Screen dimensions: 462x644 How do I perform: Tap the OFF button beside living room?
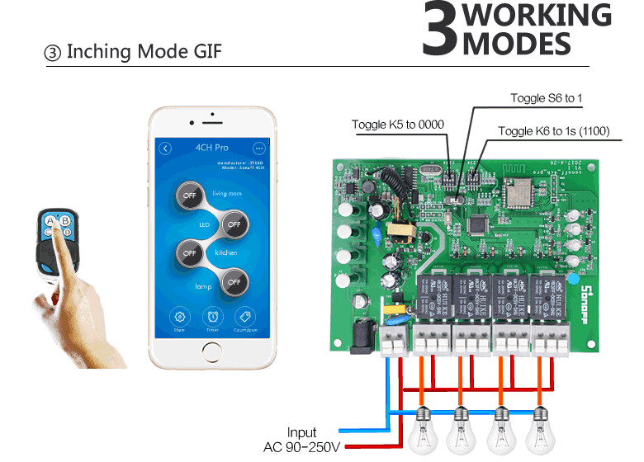(x=189, y=195)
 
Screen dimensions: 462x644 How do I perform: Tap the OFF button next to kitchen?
(x=189, y=252)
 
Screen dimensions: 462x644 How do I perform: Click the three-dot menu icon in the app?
(x=258, y=148)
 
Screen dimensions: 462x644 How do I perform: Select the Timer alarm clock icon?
(x=212, y=316)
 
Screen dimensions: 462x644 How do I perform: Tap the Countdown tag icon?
(x=245, y=316)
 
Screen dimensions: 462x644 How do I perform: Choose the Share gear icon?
(x=179, y=316)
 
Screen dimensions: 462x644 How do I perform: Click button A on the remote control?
(x=50, y=221)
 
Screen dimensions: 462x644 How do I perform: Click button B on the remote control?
(x=64, y=221)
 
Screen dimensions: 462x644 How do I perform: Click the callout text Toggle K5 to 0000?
(x=397, y=125)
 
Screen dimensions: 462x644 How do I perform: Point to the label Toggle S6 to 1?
(x=546, y=98)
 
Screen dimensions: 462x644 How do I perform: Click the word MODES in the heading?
(x=517, y=44)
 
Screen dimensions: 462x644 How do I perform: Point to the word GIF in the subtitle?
(x=201, y=52)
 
